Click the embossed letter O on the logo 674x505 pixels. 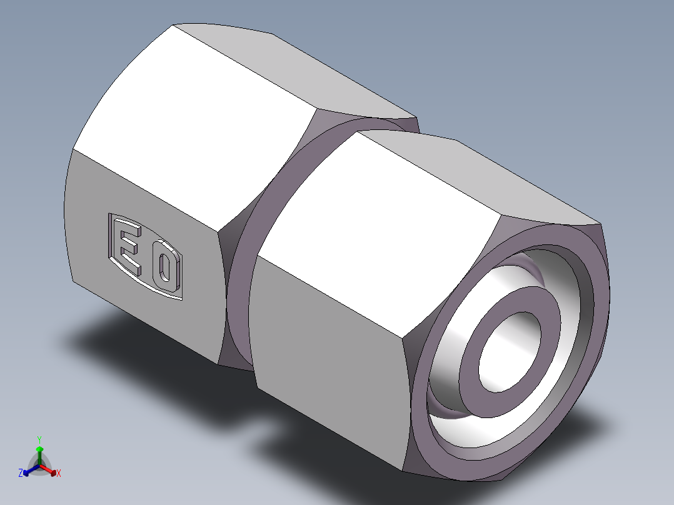164,269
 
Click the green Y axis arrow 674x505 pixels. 39,451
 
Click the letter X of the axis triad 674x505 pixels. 59,474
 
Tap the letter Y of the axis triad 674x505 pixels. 39,439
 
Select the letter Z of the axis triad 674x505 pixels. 21,474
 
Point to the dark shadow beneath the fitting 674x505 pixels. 156,350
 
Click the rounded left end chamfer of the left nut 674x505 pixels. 69,219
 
